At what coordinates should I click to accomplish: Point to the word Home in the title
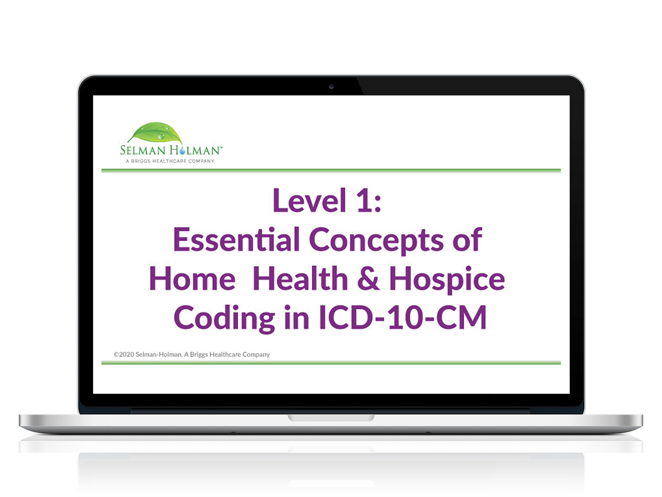[x=192, y=278]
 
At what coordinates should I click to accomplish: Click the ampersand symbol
[x=368, y=278]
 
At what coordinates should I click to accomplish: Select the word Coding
[x=224, y=319]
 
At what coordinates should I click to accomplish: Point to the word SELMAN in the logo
[x=143, y=150]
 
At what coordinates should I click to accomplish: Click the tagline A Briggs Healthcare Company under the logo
[x=170, y=161]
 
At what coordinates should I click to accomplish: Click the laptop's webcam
[x=331, y=87]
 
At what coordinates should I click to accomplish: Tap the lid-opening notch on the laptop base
[x=331, y=418]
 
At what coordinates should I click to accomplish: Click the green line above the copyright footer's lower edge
[x=331, y=363]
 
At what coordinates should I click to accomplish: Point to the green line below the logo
[x=331, y=171]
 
